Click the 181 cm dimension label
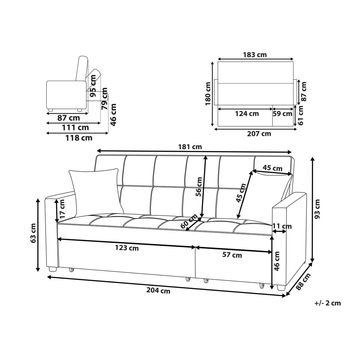(x=190, y=147)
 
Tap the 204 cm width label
(x=158, y=291)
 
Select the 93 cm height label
(x=317, y=209)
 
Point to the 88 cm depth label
(x=303, y=281)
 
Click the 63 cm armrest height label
(x=33, y=233)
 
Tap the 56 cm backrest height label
(x=199, y=187)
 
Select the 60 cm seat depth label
(x=189, y=221)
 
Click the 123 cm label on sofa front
(x=127, y=248)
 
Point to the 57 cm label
(x=232, y=255)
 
